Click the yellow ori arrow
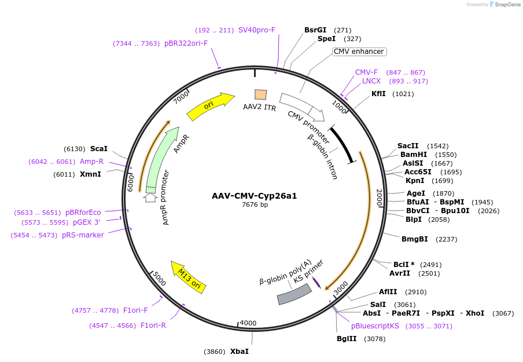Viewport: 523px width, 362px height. [x=211, y=106]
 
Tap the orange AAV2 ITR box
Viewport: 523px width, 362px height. [x=260, y=94]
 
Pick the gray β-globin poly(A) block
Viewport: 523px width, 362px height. [x=294, y=294]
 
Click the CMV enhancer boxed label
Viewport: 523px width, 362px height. [x=359, y=52]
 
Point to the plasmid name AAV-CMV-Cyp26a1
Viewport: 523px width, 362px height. [x=254, y=196]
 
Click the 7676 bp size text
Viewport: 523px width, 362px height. [x=255, y=204]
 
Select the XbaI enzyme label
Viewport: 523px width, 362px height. [x=240, y=352]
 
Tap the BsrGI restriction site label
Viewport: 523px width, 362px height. [x=315, y=30]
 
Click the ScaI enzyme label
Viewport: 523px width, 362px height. [x=99, y=149]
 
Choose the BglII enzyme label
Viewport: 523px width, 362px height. [x=347, y=339]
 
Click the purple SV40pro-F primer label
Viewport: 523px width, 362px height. [x=257, y=30]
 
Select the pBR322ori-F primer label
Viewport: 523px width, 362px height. [x=186, y=43]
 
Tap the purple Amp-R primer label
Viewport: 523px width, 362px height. [x=92, y=162]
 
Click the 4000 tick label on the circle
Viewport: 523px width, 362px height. [x=248, y=323]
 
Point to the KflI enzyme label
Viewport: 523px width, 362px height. [x=378, y=94]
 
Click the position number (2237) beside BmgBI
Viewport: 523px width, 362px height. [x=446, y=239]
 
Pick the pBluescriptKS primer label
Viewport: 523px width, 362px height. [x=375, y=326]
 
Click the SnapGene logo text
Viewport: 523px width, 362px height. [x=507, y=4]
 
